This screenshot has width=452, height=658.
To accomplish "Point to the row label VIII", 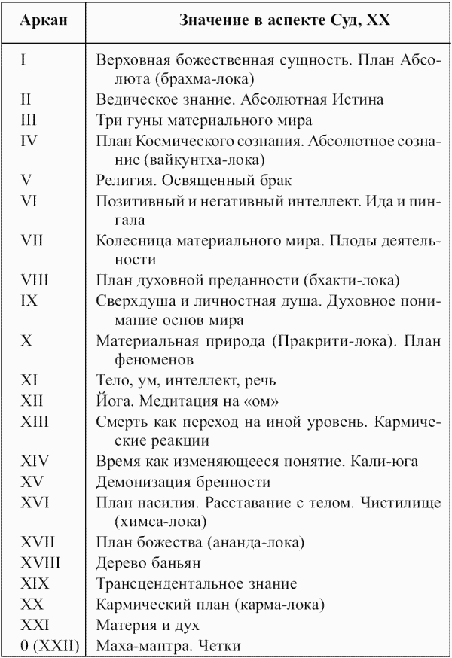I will coord(35,281).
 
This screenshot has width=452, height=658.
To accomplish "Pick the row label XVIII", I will coord(41,562).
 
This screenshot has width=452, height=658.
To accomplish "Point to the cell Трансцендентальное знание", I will coord(197,583).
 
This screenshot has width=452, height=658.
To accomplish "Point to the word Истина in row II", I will coord(362,99).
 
